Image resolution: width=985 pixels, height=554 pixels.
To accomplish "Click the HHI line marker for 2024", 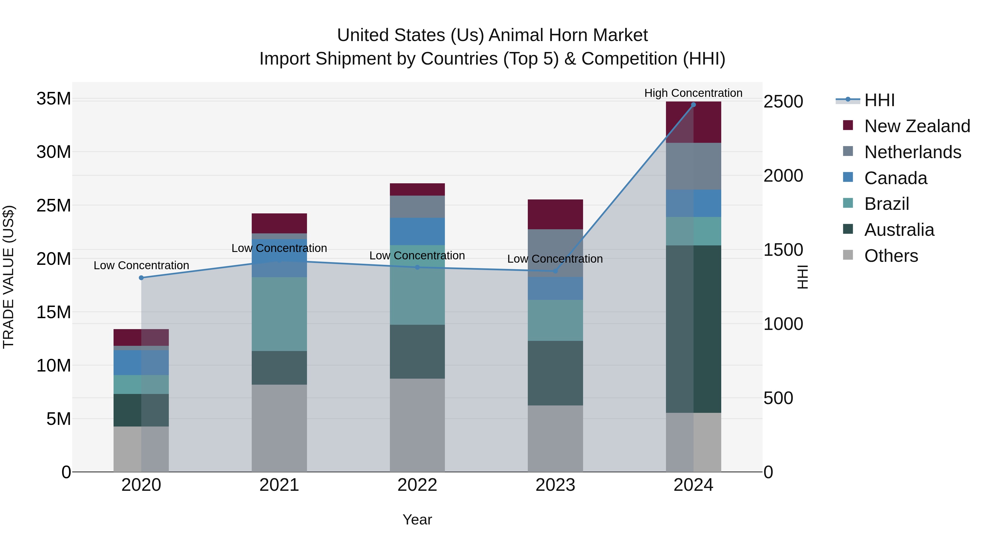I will tap(693, 105).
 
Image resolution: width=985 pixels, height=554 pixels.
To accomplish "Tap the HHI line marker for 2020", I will tap(141, 278).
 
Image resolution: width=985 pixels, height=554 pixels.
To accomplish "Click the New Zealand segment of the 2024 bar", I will tap(693, 122).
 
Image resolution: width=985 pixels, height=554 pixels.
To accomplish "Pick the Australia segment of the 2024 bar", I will tap(693, 329).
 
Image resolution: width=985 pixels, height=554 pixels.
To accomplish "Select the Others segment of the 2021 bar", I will tap(279, 428).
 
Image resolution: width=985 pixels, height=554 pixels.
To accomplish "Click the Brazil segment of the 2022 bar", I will tap(417, 285).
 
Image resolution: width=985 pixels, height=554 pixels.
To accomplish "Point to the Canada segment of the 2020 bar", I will tap(141, 362).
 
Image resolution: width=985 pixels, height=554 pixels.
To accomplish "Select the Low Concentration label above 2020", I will tap(141, 265).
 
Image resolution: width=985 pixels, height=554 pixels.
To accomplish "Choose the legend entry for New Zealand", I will tap(917, 126).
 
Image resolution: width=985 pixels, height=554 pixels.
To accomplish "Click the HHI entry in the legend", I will tap(879, 100).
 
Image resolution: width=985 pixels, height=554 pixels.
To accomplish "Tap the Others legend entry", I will tap(891, 256).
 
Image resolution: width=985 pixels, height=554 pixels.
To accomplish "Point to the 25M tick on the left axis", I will tap(54, 205).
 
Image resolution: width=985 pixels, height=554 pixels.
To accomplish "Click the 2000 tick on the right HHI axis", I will tap(783, 176).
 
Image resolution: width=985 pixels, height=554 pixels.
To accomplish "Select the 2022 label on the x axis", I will tap(417, 485).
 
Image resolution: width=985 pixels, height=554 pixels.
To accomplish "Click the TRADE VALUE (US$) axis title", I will tap(9, 277).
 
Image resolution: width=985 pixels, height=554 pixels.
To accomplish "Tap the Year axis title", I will tap(417, 520).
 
